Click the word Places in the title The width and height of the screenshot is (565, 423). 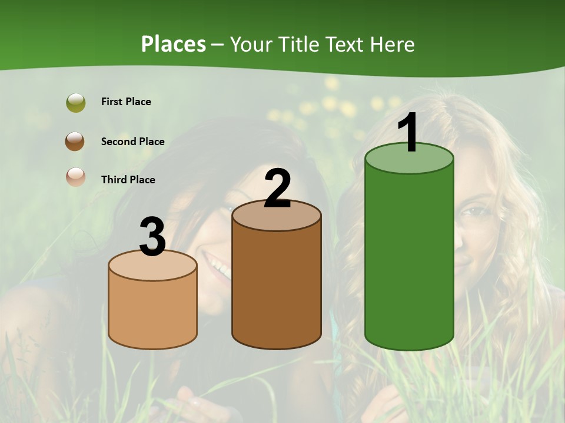pos(174,44)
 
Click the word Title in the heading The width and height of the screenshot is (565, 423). pos(297,44)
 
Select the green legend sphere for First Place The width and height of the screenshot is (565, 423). pos(76,102)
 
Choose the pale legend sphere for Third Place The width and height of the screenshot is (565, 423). pos(76,177)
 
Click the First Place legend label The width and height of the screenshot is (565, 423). pos(126,102)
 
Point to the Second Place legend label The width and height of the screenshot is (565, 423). pos(132,142)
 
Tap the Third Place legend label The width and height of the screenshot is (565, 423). pos(128,180)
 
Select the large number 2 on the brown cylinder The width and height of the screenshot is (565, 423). pos(277,189)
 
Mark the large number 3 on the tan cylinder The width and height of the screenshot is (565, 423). pos(152,237)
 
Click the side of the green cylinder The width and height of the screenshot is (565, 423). pos(409,258)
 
